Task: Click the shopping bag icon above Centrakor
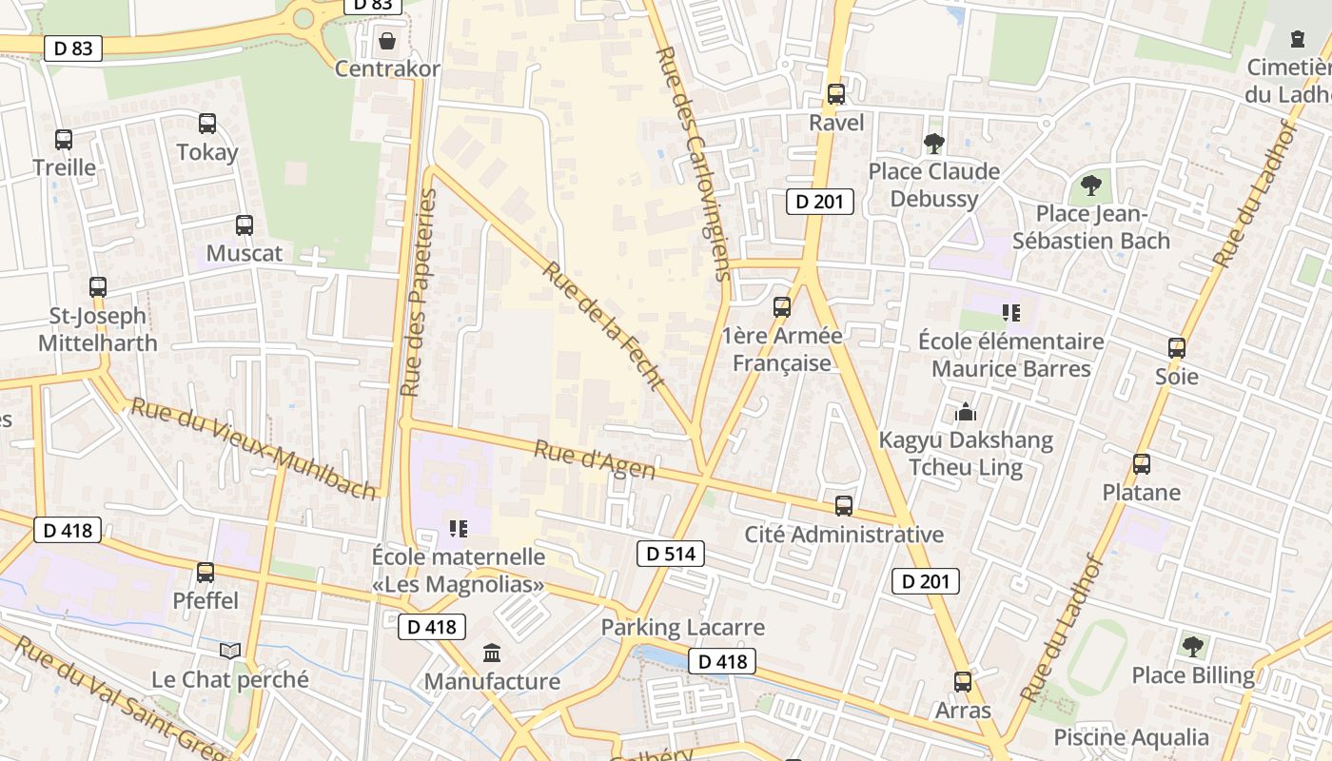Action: point(387,41)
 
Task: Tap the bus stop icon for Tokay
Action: point(207,124)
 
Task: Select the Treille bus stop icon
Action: point(64,140)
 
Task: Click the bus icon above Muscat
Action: point(245,225)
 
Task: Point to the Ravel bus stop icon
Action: point(836,94)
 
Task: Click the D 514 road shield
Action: point(670,554)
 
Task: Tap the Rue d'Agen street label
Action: point(595,459)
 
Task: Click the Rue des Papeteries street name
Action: point(419,293)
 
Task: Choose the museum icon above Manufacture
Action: point(492,653)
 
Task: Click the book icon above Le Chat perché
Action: point(230,651)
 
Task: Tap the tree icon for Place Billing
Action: point(1192,647)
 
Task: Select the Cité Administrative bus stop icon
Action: point(844,506)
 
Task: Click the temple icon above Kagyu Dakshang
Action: point(966,412)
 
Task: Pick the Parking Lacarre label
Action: point(682,628)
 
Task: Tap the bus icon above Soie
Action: point(1177,348)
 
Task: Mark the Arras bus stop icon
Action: point(963,682)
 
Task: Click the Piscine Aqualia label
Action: point(1130,737)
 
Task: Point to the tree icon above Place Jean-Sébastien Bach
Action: point(1090,185)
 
